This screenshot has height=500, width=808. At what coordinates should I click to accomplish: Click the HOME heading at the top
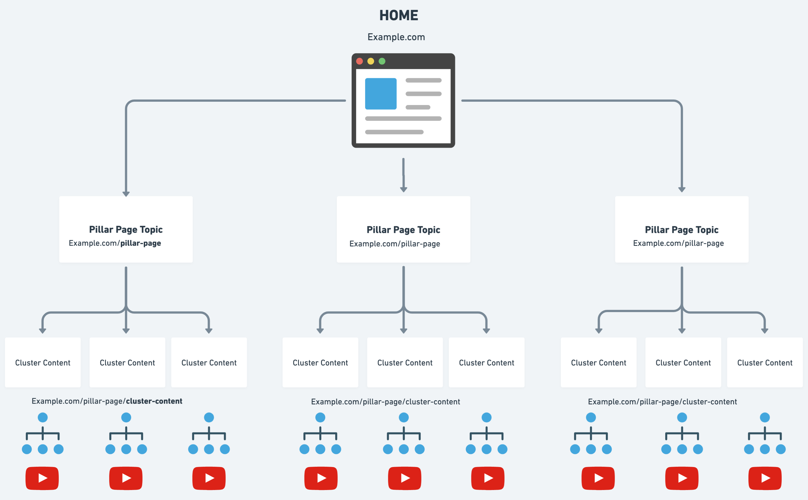(x=398, y=15)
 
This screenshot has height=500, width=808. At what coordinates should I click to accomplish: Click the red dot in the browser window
(x=360, y=61)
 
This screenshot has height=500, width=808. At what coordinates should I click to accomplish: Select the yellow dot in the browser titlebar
(x=371, y=61)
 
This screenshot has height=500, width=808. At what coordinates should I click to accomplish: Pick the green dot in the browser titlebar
(x=382, y=61)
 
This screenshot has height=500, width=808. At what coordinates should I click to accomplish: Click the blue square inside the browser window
(x=381, y=94)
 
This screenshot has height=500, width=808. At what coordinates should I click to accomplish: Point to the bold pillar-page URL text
(x=141, y=243)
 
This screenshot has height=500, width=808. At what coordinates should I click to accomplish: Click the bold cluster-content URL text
(x=154, y=401)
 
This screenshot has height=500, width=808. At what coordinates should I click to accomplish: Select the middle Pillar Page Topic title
(x=403, y=229)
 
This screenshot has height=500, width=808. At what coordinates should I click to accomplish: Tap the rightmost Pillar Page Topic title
(x=681, y=229)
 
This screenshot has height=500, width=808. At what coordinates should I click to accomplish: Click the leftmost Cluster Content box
(x=43, y=363)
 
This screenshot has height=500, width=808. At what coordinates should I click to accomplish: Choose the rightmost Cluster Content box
(x=764, y=363)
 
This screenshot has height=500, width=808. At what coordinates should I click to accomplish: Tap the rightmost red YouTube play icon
(x=765, y=478)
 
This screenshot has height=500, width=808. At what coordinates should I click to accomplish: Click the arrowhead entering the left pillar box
(x=126, y=193)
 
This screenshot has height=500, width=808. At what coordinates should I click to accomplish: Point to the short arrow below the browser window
(x=403, y=175)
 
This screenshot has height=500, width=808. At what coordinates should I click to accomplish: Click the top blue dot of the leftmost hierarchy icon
(x=43, y=417)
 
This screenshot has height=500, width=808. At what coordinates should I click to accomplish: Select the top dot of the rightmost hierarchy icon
(x=765, y=417)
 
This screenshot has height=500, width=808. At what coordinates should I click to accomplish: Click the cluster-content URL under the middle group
(x=385, y=402)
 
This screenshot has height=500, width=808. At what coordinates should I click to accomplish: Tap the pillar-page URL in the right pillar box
(x=678, y=243)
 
